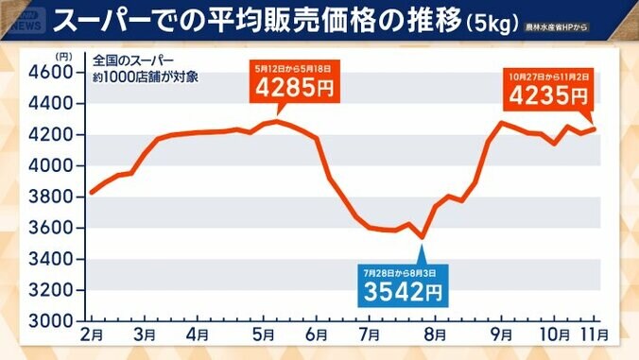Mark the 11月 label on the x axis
tap(595, 334)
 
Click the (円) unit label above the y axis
tap(63, 56)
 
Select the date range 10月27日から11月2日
tap(548, 76)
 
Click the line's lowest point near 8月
tap(423, 237)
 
